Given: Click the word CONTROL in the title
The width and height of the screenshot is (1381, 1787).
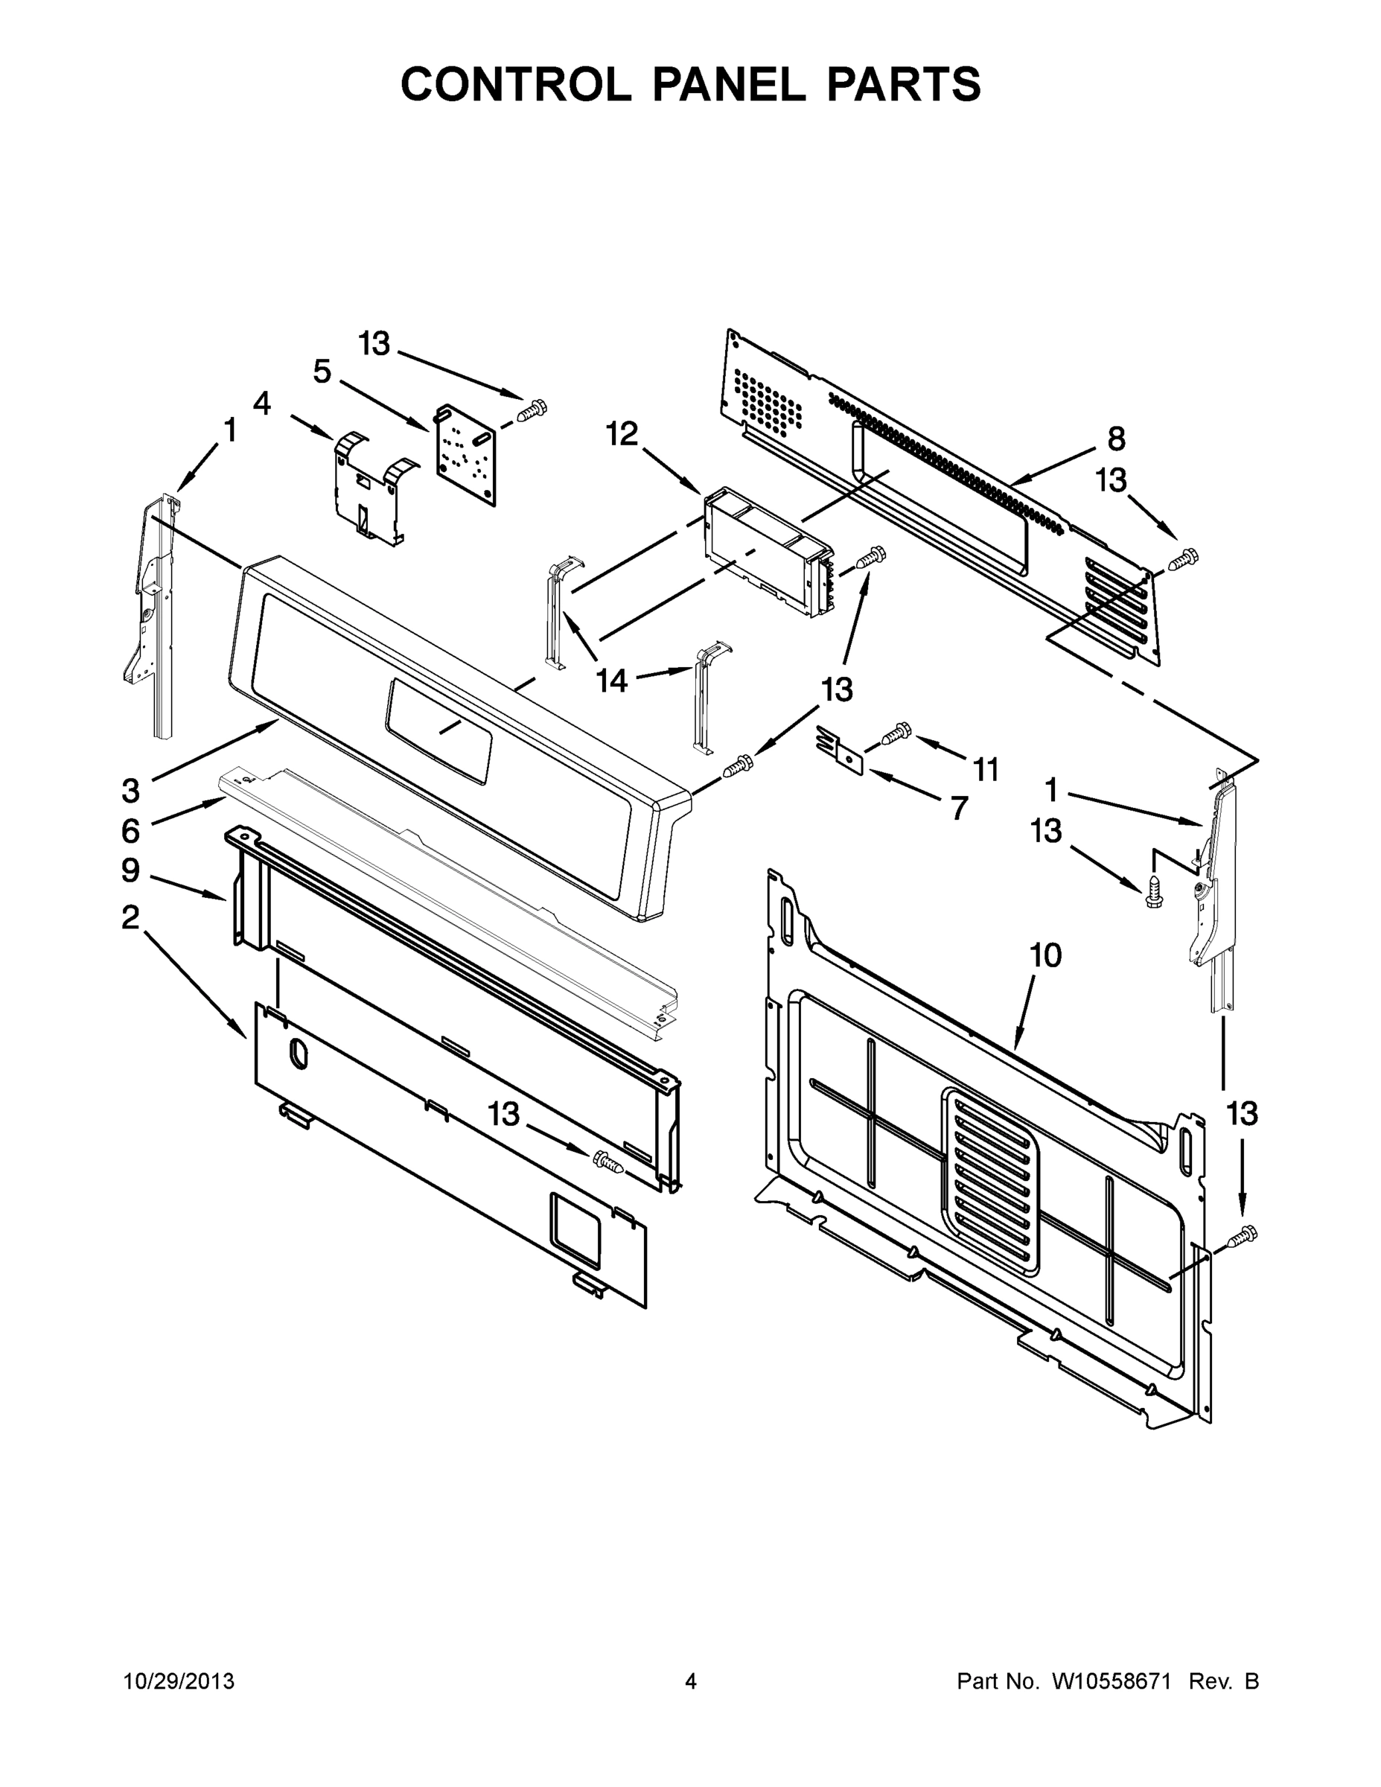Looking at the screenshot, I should coord(515,83).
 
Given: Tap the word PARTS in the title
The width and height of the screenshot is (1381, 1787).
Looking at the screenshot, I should coord(903,83).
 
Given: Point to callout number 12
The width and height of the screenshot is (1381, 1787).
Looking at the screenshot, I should coord(622,435).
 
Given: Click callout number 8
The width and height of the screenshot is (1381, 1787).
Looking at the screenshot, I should coord(1116,439).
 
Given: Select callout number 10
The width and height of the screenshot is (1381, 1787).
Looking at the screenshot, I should coord(1045,955).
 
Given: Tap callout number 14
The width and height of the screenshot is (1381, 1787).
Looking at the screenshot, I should coord(611,680).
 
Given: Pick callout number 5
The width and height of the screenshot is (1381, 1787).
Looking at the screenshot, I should coord(322,372).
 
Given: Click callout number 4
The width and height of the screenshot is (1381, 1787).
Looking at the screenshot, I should coord(262,404).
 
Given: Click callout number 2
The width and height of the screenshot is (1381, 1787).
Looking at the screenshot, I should coord(130,917).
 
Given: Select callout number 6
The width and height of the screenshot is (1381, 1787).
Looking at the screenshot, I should coord(130,830).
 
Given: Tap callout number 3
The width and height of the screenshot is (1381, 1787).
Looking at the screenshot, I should coord(130,791).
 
